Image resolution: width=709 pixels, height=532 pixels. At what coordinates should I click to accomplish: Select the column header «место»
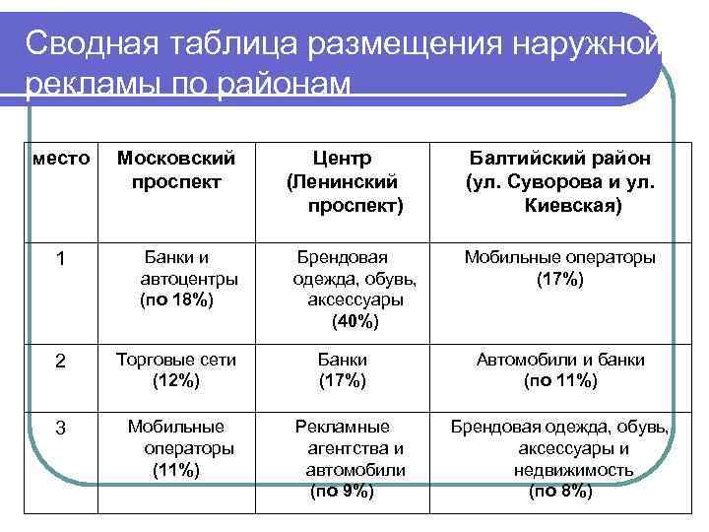[60, 158]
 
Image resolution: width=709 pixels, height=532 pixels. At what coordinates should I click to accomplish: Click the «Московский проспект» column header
[176, 169]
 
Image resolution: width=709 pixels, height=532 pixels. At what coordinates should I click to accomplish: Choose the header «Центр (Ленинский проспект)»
[342, 181]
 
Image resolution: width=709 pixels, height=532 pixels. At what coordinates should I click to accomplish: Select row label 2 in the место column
[60, 362]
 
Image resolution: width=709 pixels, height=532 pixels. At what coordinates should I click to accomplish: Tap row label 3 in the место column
[60, 429]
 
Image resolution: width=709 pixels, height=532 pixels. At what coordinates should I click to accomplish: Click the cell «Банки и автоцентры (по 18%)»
[176, 279]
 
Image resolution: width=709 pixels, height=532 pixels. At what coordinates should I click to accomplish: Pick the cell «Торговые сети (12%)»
[176, 369]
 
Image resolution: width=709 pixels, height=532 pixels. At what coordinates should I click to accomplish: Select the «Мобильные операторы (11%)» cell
[176, 448]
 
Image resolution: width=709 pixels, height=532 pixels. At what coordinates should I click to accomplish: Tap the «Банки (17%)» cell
[342, 369]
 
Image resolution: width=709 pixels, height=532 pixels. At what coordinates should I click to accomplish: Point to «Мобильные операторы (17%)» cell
[559, 268]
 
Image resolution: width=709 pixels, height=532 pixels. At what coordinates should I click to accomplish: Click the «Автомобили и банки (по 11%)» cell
[559, 369]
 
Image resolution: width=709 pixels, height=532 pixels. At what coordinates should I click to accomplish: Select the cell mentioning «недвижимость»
[559, 458]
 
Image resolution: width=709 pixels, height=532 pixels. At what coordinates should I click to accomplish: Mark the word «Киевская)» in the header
[571, 207]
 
